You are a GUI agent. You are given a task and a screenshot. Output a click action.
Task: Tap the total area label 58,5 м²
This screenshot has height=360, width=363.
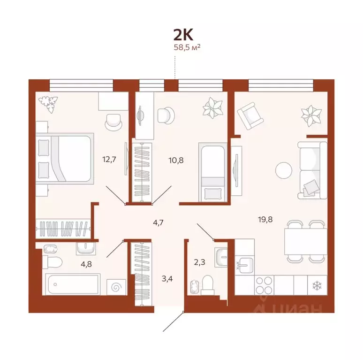[187, 47]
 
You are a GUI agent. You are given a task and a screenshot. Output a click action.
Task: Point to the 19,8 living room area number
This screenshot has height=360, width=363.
[266, 218]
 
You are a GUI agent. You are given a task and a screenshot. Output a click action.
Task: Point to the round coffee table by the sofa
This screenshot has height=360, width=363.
[284, 169]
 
